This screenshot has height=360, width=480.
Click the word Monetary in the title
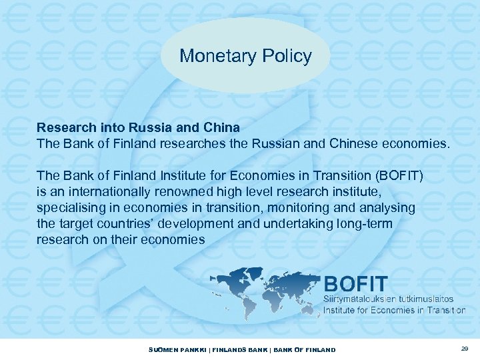pos(212,56)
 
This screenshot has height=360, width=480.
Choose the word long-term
pos(359,225)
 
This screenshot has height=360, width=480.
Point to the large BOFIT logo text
pos(355,283)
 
